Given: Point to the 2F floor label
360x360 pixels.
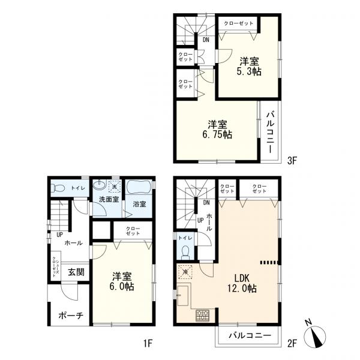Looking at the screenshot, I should [292, 343].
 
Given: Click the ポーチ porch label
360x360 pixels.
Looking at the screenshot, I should [70, 316].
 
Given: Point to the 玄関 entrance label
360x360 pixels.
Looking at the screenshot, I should [76, 271].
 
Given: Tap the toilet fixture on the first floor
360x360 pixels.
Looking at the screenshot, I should [58, 188].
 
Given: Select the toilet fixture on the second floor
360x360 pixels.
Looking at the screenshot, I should [186, 251].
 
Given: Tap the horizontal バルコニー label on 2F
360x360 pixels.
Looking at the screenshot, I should [247, 337].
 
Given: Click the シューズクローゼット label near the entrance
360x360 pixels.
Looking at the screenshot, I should [55, 265].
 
